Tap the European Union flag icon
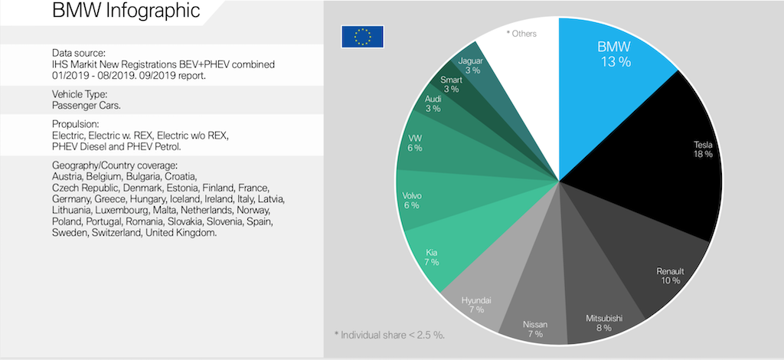[362, 36]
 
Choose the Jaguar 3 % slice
[469, 64]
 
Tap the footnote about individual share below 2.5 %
[390, 335]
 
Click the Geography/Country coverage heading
[114, 165]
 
